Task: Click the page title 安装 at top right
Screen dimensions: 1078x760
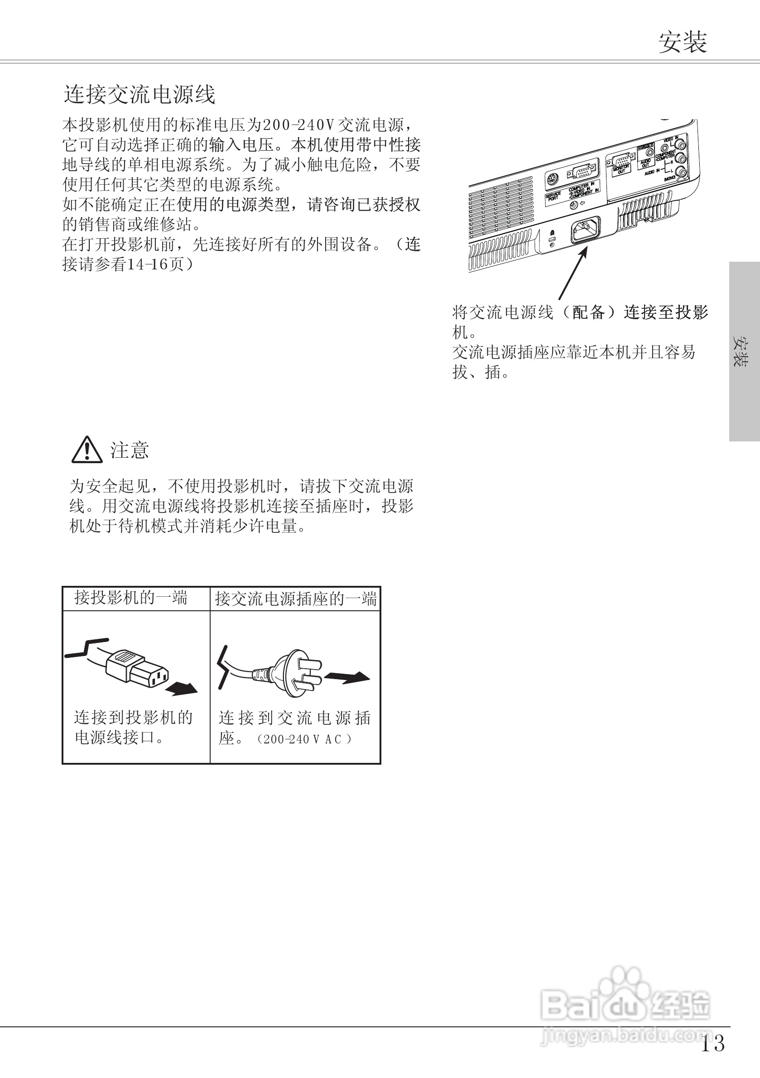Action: [x=682, y=43]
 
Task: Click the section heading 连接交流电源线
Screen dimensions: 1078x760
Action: [x=139, y=94]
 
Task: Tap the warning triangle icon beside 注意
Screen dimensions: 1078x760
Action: [x=87, y=450]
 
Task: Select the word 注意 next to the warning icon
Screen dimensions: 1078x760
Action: [x=130, y=450]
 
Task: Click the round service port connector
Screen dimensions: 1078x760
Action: [x=553, y=179]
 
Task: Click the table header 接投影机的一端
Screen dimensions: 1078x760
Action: [x=131, y=598]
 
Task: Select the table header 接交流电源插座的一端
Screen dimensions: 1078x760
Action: [x=295, y=599]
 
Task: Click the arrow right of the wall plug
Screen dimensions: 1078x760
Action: [x=347, y=677]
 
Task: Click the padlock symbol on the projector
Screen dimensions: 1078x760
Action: [x=553, y=233]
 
